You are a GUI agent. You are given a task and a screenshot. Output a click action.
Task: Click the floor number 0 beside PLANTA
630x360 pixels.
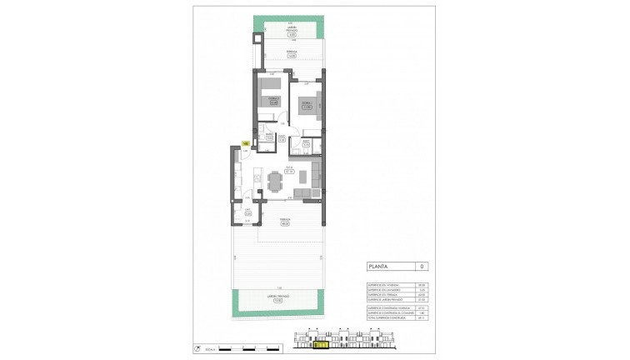pyautogui.click(x=422, y=267)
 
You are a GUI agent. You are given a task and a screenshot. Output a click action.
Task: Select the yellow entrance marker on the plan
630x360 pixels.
pyautogui.click(x=246, y=143)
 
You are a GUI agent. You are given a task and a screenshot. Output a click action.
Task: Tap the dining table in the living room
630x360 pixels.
pyautogui.click(x=276, y=180)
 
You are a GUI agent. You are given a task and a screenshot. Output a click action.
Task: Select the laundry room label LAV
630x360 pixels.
pyautogui.click(x=247, y=211)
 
